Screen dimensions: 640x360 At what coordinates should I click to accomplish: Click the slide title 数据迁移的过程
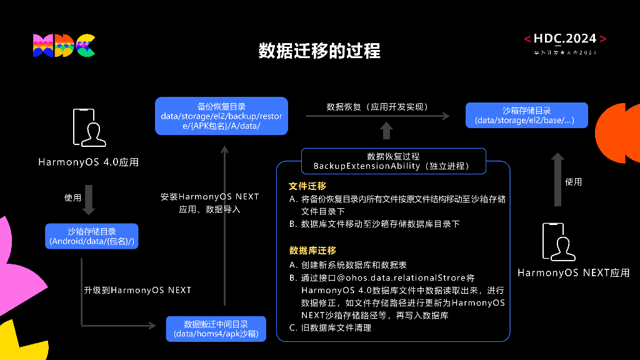pos(319,51)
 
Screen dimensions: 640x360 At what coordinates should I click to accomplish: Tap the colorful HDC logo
pos(64,46)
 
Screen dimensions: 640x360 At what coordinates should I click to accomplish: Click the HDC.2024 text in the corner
pos(565,39)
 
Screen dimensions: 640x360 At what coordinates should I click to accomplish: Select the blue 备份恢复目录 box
pos(221,116)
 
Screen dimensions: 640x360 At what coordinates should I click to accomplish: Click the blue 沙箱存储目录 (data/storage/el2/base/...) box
pos(526,116)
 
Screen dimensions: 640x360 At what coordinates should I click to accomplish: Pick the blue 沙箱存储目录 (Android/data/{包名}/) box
pos(92,236)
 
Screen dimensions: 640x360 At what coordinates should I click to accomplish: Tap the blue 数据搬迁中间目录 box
pos(216,329)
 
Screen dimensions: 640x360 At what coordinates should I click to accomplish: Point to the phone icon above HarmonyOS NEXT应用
pos(558,241)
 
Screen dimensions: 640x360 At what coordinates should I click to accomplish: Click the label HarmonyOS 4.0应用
pos(88,162)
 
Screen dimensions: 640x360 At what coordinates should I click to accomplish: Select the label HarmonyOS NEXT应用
pos(573,273)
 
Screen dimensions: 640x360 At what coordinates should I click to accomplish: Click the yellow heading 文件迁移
pos(307,186)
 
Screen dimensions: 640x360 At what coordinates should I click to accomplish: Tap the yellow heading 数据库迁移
pos(312,251)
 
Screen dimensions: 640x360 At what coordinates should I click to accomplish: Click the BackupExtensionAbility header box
pos(393,161)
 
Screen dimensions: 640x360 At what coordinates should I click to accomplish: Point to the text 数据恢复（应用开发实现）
pos(377,107)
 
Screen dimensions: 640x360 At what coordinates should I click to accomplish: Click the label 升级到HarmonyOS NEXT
pos(137,291)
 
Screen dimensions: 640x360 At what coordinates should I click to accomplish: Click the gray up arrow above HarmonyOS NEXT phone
pos(557,179)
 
